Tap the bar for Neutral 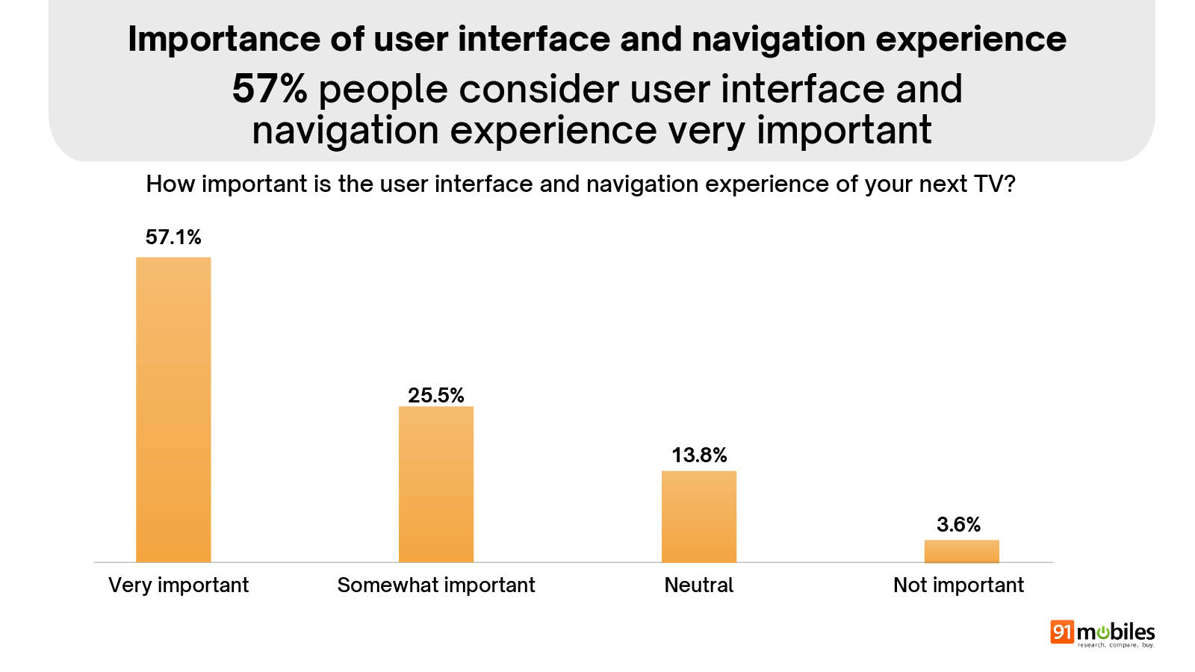point(699,516)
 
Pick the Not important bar point(961,551)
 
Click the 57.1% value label point(173,237)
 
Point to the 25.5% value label point(436,395)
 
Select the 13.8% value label point(699,455)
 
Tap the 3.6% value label point(958,524)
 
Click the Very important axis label point(179,585)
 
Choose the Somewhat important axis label point(436,585)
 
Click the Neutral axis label point(699,585)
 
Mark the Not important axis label point(958,585)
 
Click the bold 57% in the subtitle point(270,89)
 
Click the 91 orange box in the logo point(1061,632)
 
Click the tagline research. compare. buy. point(1116,645)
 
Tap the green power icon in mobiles point(1103,632)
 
